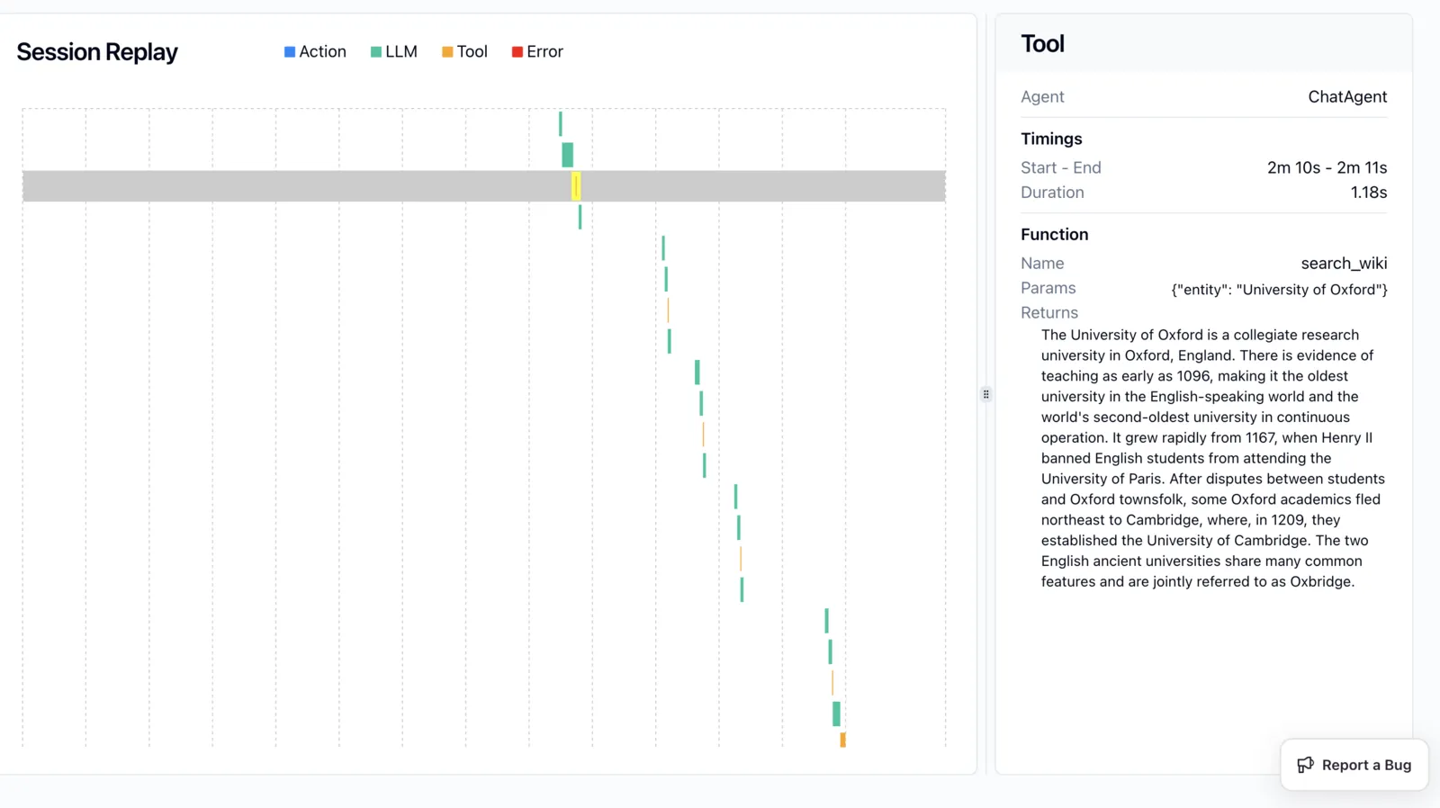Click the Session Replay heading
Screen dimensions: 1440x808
pyautogui.click(x=97, y=52)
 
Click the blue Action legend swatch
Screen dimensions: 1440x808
pyautogui.click(x=290, y=51)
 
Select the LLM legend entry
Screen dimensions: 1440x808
pyautogui.click(x=394, y=51)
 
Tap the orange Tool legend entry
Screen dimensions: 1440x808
pyautogui.click(x=464, y=51)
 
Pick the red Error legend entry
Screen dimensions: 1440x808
pyautogui.click(x=537, y=51)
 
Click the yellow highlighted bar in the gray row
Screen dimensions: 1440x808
pyautogui.click(x=576, y=185)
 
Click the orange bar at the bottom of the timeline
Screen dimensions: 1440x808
pyautogui.click(x=842, y=740)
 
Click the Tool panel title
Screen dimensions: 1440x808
pyautogui.click(x=1043, y=44)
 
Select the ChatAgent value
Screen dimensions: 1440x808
pyautogui.click(x=1347, y=96)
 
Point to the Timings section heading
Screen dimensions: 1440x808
pyautogui.click(x=1051, y=139)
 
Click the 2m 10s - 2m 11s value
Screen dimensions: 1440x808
pyautogui.click(x=1327, y=167)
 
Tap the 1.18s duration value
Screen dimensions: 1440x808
pyautogui.click(x=1369, y=193)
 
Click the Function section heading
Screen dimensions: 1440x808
pyautogui.click(x=1054, y=234)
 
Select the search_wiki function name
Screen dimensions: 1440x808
pyautogui.click(x=1345, y=263)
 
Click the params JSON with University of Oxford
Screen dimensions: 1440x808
pyautogui.click(x=1279, y=289)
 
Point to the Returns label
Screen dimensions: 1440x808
pyautogui.click(x=1049, y=312)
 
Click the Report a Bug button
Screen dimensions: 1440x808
pyautogui.click(x=1354, y=764)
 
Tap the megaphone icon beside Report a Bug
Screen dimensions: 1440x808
pyautogui.click(x=1306, y=764)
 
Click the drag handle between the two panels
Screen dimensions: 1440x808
pyautogui.click(x=986, y=394)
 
